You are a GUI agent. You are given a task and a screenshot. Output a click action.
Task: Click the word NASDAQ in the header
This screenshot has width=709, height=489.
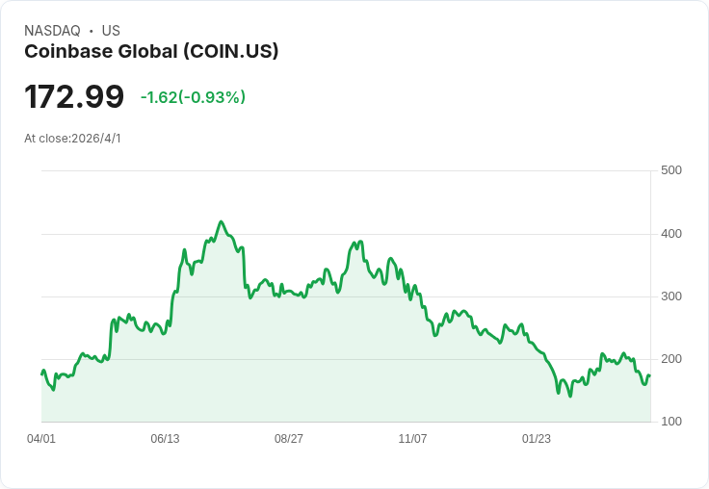point(52,31)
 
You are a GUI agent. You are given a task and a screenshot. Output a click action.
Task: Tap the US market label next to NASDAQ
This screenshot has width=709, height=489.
point(111,31)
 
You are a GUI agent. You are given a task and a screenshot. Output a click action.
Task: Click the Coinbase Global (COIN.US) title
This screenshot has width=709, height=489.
point(151,52)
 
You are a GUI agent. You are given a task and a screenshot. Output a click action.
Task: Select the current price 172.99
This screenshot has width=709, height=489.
point(74,96)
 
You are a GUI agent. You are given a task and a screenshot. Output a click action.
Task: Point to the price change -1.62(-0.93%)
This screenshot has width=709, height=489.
point(193,97)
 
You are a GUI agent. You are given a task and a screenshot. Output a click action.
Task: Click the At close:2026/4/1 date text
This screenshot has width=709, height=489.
point(72,139)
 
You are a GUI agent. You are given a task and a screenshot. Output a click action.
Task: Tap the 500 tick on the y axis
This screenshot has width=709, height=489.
point(670,170)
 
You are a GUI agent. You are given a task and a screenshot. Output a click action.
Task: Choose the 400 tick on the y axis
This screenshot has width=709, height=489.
point(670,234)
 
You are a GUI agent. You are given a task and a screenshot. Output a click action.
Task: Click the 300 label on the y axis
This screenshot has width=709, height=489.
point(670,296)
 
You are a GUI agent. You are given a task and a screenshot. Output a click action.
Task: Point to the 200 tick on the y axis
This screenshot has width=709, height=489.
point(670,359)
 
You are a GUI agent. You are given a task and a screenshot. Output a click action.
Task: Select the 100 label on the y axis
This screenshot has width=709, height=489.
point(670,422)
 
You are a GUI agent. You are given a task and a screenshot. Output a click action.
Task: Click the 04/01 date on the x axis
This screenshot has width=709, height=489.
point(41,439)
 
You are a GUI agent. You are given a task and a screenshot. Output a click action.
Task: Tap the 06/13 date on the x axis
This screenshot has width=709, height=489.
point(165,439)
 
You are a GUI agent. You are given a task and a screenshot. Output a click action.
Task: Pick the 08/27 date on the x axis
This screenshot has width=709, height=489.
point(289,439)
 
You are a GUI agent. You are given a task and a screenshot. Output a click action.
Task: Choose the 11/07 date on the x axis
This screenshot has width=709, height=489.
point(412,439)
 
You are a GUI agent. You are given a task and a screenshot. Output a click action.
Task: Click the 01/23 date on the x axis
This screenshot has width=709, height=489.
point(537,439)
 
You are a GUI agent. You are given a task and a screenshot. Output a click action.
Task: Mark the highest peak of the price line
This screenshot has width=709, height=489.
point(221,221)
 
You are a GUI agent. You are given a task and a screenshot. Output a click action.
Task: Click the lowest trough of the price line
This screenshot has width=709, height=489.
point(570,396)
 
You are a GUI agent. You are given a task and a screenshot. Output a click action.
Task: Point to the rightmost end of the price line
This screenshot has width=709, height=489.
point(650,376)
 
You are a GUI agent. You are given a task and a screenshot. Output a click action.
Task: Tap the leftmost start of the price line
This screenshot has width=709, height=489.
point(41,373)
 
